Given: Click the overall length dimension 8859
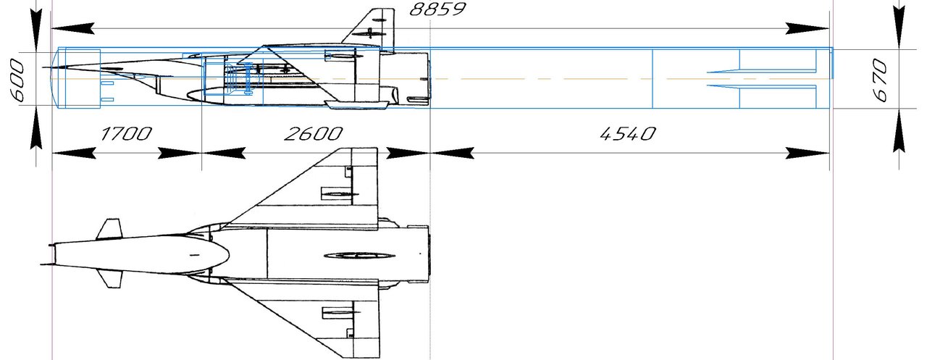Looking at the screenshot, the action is pos(437,9).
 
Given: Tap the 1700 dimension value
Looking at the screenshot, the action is pos(126,134).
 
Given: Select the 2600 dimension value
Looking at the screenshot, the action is pos(314,134).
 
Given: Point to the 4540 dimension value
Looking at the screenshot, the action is pos(628,134).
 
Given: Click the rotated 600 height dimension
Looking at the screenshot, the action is pos(17,80).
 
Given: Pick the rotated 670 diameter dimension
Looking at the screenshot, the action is pos(880,80).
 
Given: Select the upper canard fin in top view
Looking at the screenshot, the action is pos(109,229).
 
